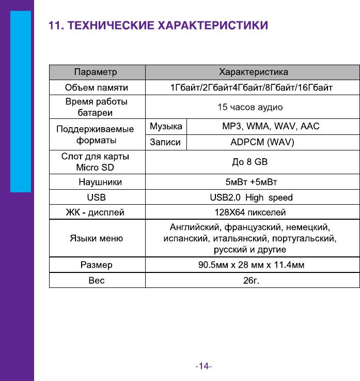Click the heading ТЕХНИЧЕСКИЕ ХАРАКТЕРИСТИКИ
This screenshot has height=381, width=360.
[x=158, y=26]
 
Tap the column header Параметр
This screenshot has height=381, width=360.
[x=96, y=71]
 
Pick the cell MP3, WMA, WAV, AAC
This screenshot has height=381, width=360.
[x=271, y=126]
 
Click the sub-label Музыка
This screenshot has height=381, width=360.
[x=165, y=126]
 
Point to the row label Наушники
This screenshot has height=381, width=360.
[x=100, y=182]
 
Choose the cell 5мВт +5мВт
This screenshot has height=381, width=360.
[x=252, y=182]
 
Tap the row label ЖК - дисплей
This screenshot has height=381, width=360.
[x=96, y=212]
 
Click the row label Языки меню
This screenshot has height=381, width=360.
[x=96, y=238]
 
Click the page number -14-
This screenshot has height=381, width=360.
[x=204, y=367]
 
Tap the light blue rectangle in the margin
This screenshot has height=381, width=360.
[x=21, y=101]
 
